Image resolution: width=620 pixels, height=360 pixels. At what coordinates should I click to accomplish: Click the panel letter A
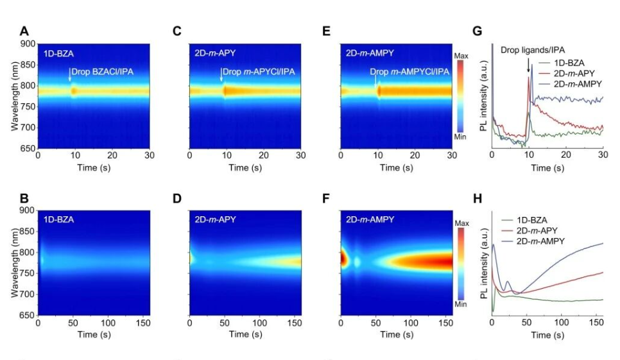pos(24,31)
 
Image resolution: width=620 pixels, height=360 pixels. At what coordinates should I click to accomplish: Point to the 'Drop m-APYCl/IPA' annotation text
pos(259,71)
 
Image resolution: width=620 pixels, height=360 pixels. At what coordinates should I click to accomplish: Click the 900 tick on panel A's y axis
pos(28,44)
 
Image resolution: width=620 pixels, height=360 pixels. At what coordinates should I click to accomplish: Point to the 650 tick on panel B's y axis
pos(28,315)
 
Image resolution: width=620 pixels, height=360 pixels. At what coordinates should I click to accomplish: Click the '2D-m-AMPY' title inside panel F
pos(369,219)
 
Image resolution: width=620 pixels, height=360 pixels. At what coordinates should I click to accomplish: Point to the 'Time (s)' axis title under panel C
pos(245,168)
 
